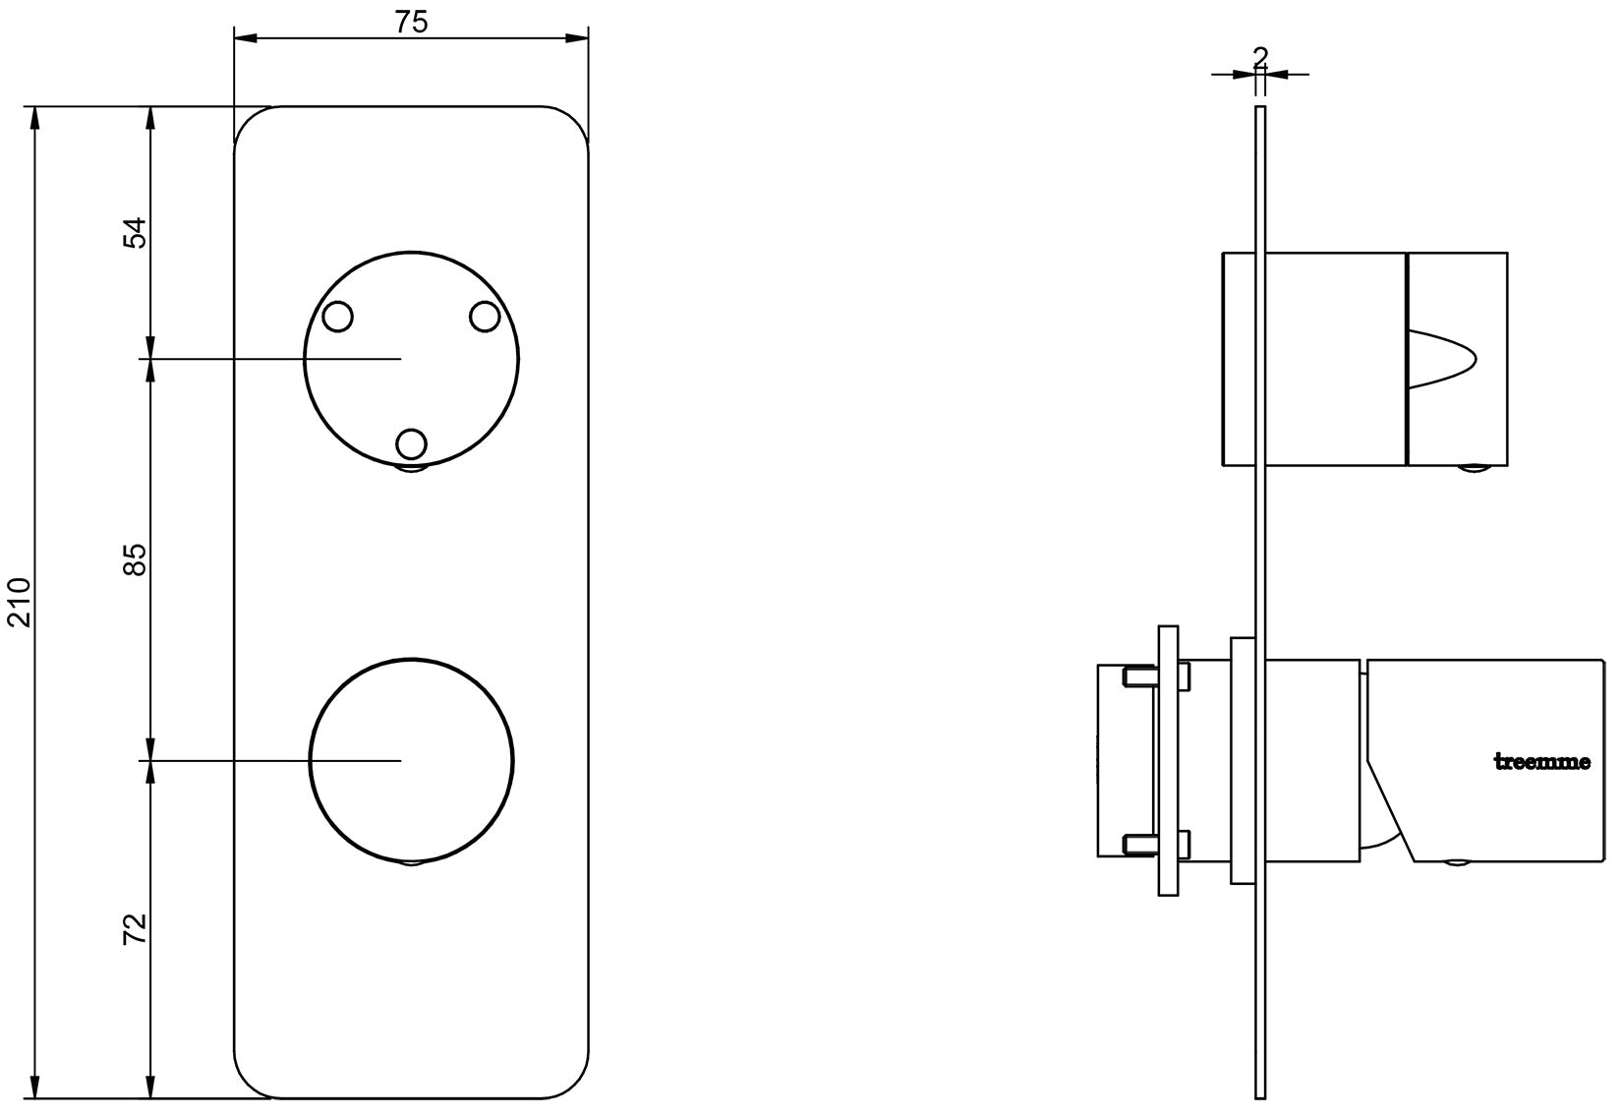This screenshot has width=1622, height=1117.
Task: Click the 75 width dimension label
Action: tap(411, 22)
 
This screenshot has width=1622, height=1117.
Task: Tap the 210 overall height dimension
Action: tap(20, 602)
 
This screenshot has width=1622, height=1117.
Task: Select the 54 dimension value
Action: tap(135, 232)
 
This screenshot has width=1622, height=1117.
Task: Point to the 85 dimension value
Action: tap(135, 559)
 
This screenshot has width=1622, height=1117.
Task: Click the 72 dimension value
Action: tap(135, 928)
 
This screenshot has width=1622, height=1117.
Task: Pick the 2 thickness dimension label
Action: tap(1260, 56)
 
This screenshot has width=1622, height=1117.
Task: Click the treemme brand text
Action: tap(1542, 762)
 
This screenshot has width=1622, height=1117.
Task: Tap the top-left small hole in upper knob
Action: tap(337, 317)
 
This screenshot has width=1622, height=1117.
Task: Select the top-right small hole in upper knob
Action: tap(485, 317)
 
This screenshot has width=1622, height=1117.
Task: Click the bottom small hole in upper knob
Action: tap(411, 444)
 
